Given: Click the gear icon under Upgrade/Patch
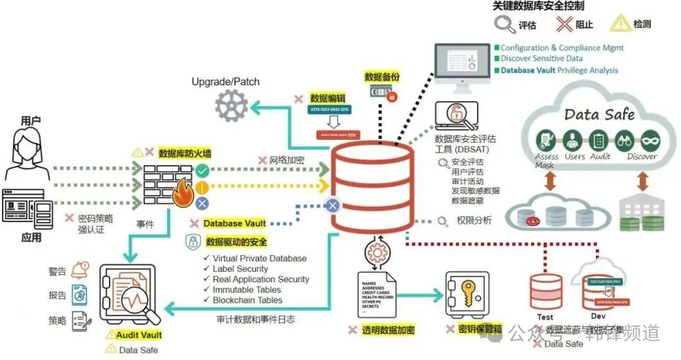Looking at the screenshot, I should pyautogui.click(x=231, y=105).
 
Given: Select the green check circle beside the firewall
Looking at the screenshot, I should pyautogui.click(x=202, y=170).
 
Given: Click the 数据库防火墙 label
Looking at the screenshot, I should pyautogui.click(x=184, y=153).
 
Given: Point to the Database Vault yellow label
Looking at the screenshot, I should pyautogui.click(x=234, y=223).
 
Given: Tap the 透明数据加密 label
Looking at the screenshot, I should pyautogui.click(x=388, y=330).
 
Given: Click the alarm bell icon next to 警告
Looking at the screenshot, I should pyautogui.click(x=80, y=270).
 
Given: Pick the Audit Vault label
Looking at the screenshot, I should pyautogui.click(x=139, y=335).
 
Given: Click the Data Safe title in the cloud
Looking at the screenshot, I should pyautogui.click(x=599, y=114).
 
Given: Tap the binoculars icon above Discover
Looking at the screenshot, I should pyautogui.click(x=624, y=140).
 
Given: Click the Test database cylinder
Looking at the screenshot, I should pyautogui.click(x=546, y=290).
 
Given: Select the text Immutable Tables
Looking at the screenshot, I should pyautogui.click(x=247, y=289).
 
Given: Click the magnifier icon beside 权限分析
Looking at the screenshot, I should pyautogui.click(x=443, y=221).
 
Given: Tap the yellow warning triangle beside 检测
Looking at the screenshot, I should pyautogui.click(x=620, y=24).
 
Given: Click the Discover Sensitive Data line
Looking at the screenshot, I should pyautogui.click(x=542, y=59).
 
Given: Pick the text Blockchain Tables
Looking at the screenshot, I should pyautogui.click(x=247, y=300).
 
